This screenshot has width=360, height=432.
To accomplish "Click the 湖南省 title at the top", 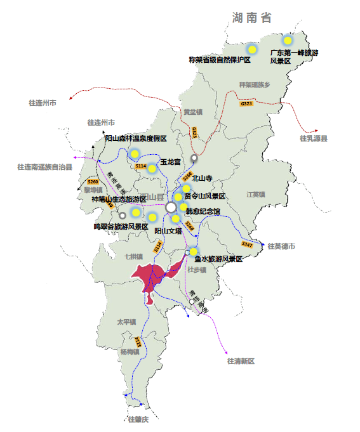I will point(251,17).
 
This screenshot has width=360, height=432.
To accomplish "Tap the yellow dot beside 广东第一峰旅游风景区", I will point(287,41).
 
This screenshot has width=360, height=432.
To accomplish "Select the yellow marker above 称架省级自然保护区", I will point(252,49).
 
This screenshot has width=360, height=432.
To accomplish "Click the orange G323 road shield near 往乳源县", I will point(246,103).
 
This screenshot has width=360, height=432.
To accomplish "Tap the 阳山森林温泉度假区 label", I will point(135,139).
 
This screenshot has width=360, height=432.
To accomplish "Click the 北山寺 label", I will point(201,180).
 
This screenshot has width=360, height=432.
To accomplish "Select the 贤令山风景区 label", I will point(204,196).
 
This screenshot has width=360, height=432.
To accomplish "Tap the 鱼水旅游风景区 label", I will point(218,259).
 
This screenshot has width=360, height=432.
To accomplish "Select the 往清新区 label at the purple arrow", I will point(241,361).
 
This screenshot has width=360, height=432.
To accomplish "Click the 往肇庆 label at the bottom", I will point(138,419).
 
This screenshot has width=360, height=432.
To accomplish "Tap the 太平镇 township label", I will point(126,322).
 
